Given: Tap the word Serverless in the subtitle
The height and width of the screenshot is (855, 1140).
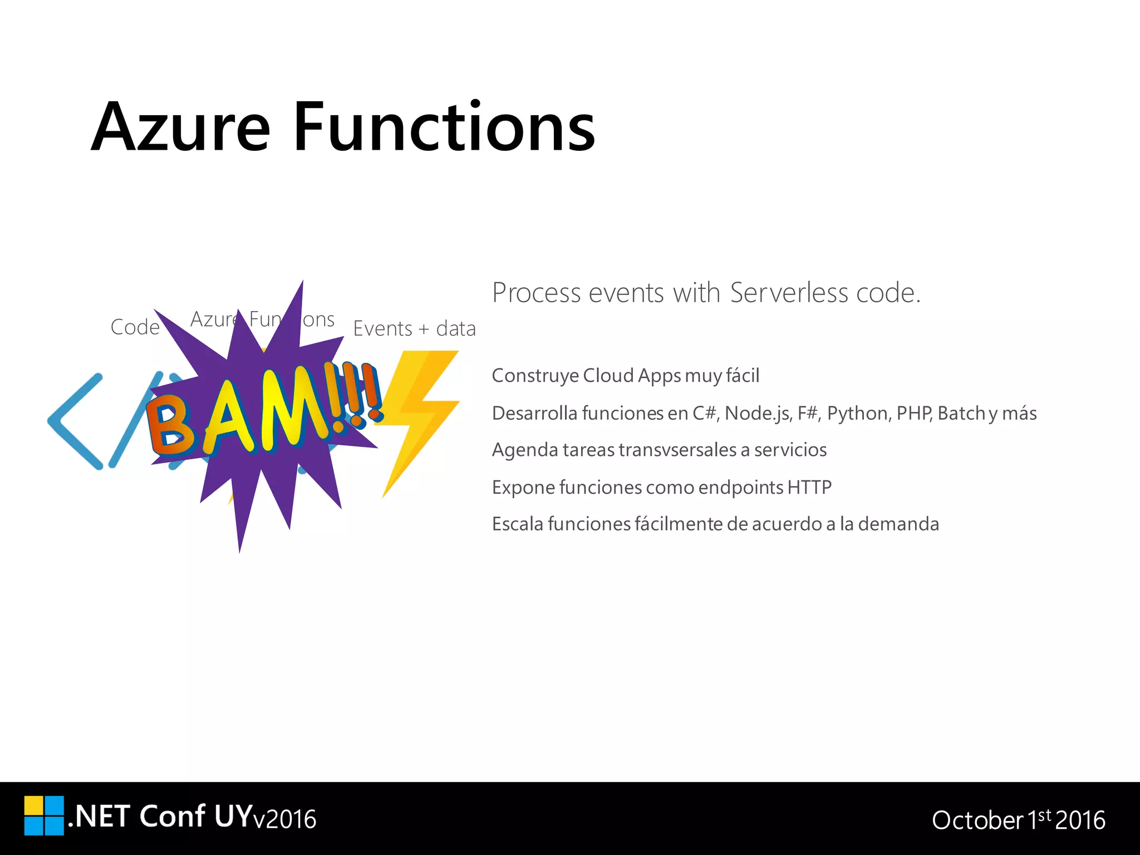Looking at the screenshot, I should pyautogui.click(x=789, y=293).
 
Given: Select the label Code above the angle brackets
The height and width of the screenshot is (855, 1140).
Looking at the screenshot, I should pyautogui.click(x=135, y=327).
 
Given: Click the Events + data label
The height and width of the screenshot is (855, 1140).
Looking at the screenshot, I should pyautogui.click(x=414, y=328).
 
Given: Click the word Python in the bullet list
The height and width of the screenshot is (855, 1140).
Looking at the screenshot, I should pyautogui.click(x=858, y=413).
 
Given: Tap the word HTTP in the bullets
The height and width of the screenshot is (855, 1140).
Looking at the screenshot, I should pyautogui.click(x=809, y=487).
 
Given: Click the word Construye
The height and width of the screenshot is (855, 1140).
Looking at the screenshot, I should pyautogui.click(x=535, y=376).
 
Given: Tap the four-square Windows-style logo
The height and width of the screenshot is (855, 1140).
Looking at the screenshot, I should pyautogui.click(x=44, y=815).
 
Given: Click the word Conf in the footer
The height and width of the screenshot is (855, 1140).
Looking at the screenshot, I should pyautogui.click(x=172, y=816).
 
